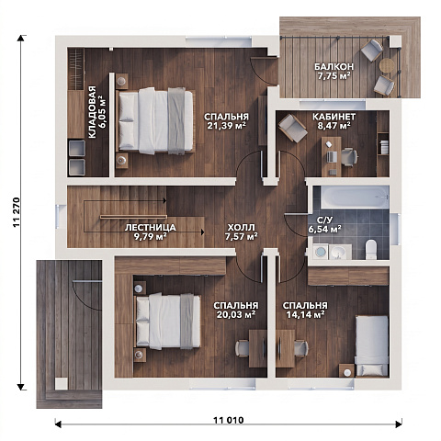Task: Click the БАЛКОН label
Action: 334,66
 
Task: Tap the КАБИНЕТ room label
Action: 334,117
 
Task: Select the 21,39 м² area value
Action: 227,126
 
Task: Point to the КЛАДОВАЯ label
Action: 92,112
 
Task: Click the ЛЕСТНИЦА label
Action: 151,228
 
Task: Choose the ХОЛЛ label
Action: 241,228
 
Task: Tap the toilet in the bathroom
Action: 371,250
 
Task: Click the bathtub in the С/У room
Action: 355,196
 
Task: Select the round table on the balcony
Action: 387,65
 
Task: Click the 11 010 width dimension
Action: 229,420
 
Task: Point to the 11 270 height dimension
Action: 17,212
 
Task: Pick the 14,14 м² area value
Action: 305,314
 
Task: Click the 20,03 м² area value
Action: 236,314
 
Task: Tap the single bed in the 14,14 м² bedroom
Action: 372,346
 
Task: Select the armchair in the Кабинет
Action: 293,128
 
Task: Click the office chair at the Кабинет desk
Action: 349,157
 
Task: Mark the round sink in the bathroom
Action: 340,253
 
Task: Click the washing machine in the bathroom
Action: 321,252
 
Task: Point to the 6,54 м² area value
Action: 325,230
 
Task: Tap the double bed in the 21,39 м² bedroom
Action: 155,121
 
